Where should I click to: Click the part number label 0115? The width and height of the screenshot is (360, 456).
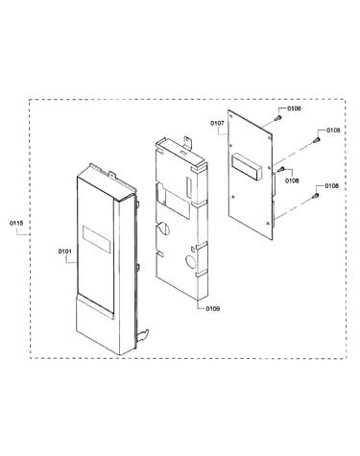[16, 223]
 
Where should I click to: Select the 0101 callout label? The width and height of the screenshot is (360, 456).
[65, 252]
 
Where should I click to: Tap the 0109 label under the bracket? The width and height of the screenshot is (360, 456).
[213, 308]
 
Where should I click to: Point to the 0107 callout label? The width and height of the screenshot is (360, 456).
[217, 123]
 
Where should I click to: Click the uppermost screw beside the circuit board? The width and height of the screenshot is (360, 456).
[277, 118]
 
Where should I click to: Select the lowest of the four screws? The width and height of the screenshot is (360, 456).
[315, 195]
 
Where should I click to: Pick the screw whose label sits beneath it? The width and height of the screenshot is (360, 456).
[281, 169]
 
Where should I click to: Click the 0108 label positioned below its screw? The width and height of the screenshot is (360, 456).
[292, 180]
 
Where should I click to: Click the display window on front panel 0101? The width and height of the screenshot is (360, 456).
[97, 239]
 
